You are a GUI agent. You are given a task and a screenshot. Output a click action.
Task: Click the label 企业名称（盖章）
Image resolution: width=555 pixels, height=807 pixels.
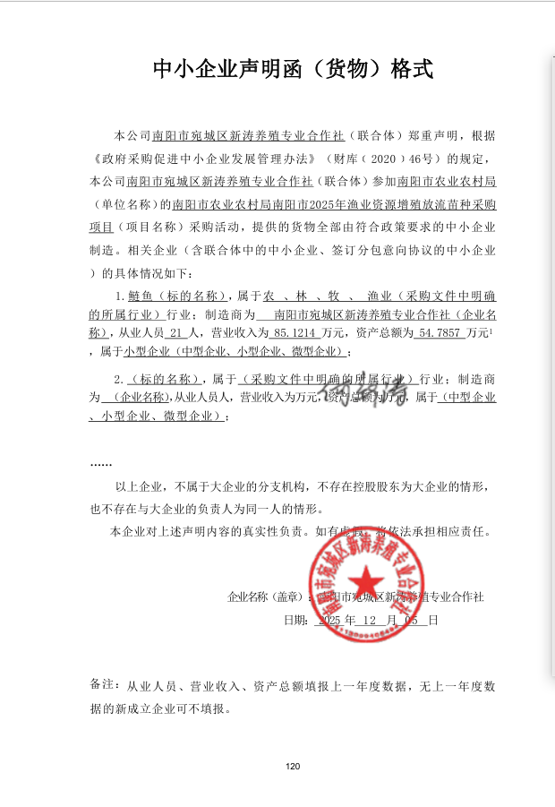(x=266, y=597)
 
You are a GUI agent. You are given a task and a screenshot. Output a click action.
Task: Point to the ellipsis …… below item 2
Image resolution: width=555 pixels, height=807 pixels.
(x=101, y=463)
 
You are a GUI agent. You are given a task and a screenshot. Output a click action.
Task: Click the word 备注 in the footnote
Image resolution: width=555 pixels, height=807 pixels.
(x=104, y=685)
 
